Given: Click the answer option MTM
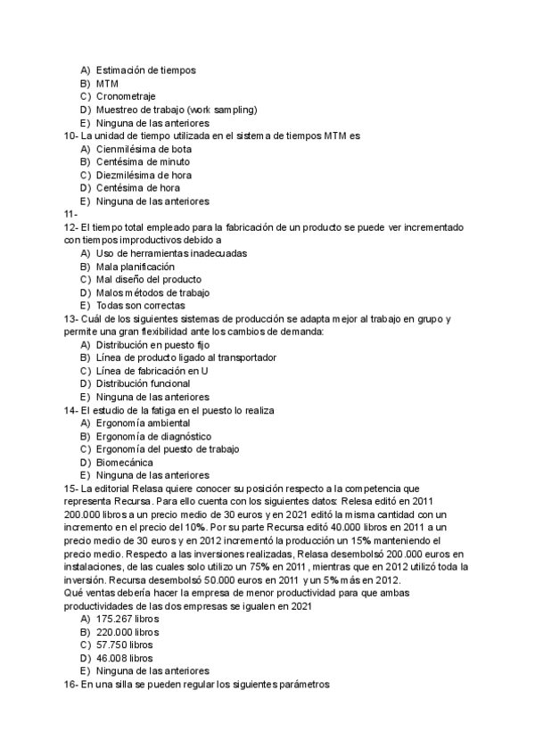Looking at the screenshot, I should tap(107, 83).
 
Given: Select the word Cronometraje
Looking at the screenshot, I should tap(125, 96).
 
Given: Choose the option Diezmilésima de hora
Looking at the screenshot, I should tap(143, 176).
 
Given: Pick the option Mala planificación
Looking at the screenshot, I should tap(135, 267).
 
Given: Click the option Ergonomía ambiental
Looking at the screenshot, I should tap(143, 423).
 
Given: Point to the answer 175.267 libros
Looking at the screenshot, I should tap(129, 619).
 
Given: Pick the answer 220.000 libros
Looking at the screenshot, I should tap(129, 631).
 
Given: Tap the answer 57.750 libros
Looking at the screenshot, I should tap(127, 645).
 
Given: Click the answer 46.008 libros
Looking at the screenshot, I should tap(127, 658).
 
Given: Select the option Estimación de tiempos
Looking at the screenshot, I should tap(145, 70).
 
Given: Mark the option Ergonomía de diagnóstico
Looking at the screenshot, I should tap(153, 436).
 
